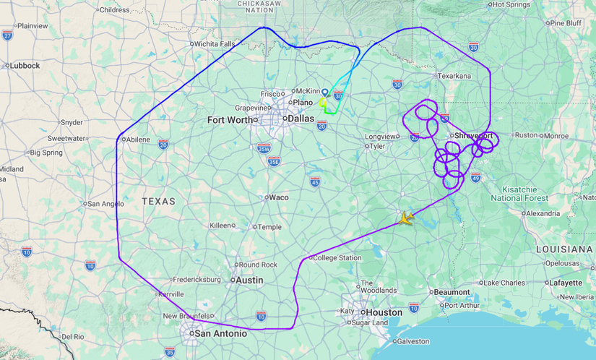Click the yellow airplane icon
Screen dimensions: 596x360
406,218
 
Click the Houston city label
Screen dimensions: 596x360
384,312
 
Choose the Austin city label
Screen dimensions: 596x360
249,280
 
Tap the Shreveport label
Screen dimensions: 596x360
473,136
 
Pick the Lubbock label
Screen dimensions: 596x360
25,65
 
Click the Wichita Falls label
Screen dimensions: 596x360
215,44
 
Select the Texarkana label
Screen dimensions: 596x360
454,75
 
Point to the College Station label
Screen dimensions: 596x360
337,258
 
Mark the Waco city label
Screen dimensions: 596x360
278,197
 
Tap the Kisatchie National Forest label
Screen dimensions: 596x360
519,193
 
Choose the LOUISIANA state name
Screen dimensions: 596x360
565,249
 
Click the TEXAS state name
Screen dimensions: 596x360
158,202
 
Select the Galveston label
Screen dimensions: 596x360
413,340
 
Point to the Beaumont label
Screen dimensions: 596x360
452,292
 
